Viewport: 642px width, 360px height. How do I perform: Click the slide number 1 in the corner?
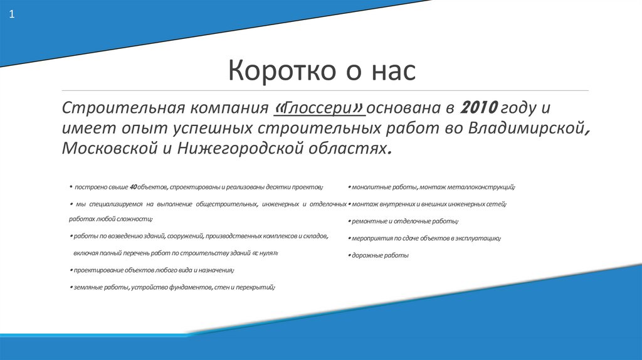[x=11, y=14]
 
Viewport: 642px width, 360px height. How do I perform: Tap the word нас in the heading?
[x=392, y=70]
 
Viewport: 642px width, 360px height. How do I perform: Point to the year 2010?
[x=478, y=107]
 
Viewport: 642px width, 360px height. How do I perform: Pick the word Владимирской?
[x=532, y=128]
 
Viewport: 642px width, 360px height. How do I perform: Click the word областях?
[x=350, y=148]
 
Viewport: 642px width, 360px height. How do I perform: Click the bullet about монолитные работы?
[x=431, y=187]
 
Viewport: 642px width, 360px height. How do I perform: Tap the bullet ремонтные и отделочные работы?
[x=403, y=221]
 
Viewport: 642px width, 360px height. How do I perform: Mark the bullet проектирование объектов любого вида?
[x=152, y=270]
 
